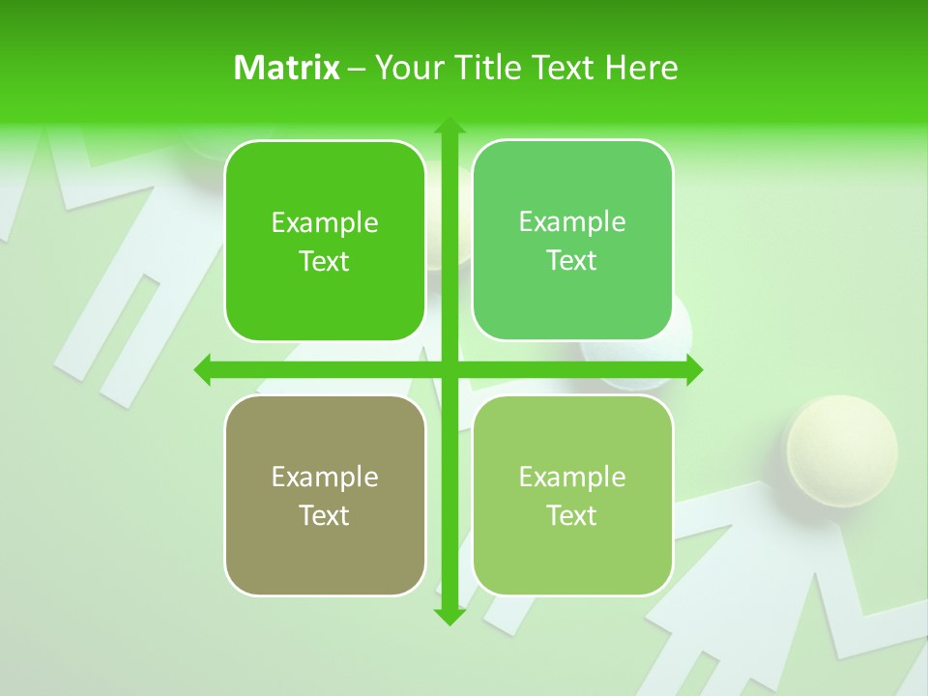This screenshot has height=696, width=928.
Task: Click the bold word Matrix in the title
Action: (x=287, y=68)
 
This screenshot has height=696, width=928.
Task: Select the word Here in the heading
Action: (x=642, y=68)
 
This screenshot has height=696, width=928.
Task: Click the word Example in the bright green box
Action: (x=325, y=223)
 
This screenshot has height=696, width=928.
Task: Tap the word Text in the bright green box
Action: (x=325, y=262)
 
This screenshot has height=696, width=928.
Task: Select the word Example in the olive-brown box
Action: (x=325, y=478)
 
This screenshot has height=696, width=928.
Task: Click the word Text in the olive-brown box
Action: (x=325, y=516)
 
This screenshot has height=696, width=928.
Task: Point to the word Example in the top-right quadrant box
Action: (x=572, y=222)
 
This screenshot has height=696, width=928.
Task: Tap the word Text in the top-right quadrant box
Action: (x=572, y=261)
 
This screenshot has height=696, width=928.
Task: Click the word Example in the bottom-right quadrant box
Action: (x=572, y=478)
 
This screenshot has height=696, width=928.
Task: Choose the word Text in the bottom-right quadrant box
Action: (x=572, y=516)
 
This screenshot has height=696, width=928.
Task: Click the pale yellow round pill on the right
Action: (x=841, y=447)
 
